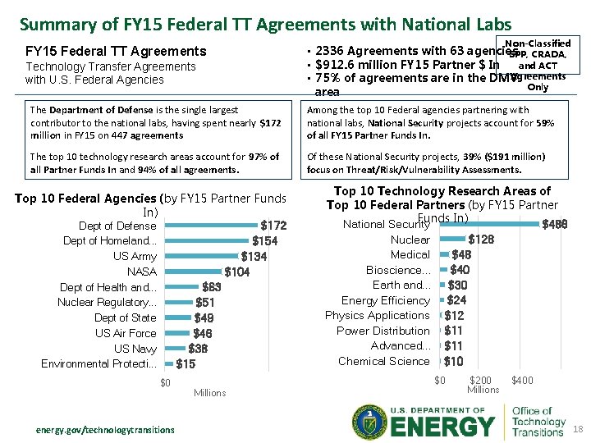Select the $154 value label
click(x=264, y=241)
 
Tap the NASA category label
click(x=141, y=272)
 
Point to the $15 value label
click(x=186, y=364)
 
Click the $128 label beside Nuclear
click(x=480, y=240)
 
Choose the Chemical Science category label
click(x=383, y=361)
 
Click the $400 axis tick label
click(x=521, y=381)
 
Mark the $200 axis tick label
click(x=481, y=381)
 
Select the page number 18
click(x=576, y=429)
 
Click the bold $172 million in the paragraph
click(x=270, y=122)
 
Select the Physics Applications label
click(x=377, y=316)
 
